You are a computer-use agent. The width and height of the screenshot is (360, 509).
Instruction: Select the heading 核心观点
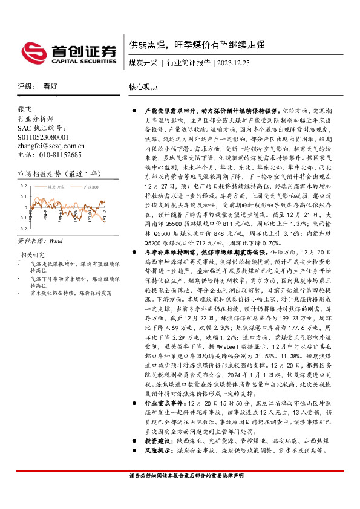(142, 86)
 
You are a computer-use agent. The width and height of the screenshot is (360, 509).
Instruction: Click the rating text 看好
(49, 86)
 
